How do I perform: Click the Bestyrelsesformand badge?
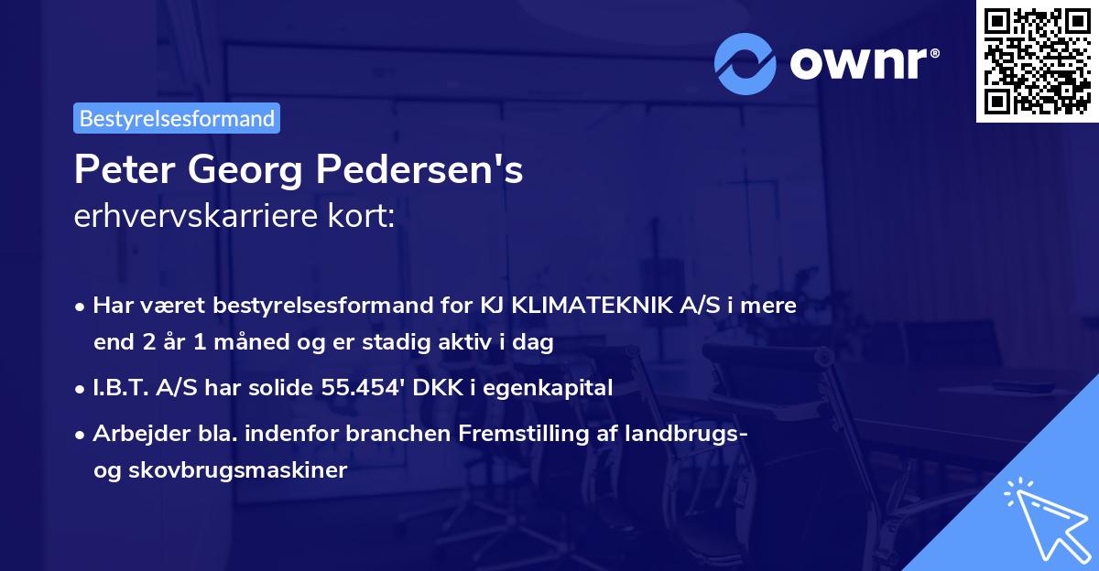176,118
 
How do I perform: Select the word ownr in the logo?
864,62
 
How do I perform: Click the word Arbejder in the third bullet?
132,434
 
